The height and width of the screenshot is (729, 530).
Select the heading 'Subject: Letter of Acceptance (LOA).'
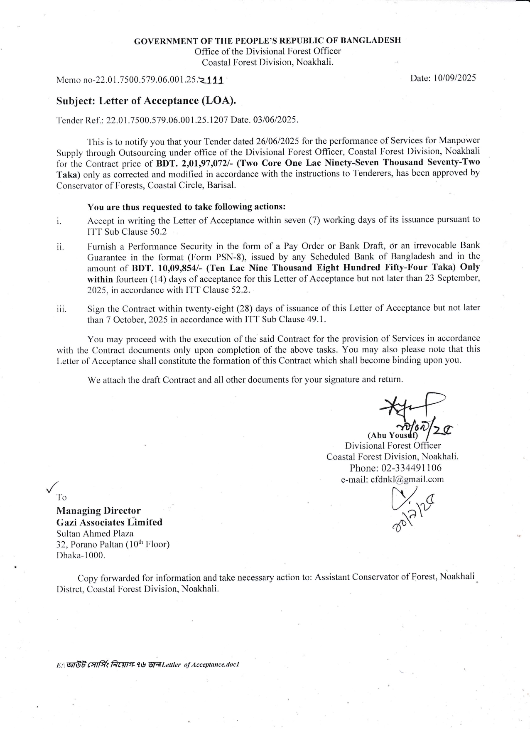pos(148,101)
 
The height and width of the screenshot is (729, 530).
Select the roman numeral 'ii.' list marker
pos(60,247)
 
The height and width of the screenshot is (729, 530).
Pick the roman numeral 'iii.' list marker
pos(61,309)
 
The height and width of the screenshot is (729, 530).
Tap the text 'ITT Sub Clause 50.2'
pos(127,232)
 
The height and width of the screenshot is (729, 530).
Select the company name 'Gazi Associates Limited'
pos(109,522)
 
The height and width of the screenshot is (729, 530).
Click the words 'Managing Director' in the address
pos(98,511)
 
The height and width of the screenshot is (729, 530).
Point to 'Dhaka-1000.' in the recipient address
pos(81,555)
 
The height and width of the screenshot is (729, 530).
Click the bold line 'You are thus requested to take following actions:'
pos(186,207)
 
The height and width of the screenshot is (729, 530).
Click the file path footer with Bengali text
pos(147,664)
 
